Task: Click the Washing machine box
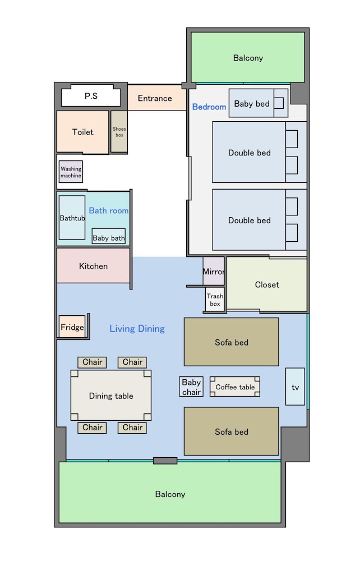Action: (71, 172)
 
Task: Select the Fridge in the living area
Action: (72, 327)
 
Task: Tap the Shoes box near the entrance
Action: (119, 131)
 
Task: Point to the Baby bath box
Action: (109, 237)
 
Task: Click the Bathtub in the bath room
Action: (72, 218)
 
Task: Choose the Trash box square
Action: (215, 300)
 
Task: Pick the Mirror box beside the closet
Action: (214, 271)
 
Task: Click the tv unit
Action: (295, 387)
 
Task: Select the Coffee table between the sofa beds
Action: (235, 387)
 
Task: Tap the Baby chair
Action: (191, 387)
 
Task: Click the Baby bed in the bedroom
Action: (258, 103)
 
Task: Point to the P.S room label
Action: (91, 96)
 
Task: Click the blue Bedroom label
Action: (209, 107)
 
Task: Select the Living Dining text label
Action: (137, 328)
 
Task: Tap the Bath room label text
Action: (109, 210)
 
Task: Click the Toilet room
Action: (82, 132)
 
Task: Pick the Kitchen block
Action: (93, 265)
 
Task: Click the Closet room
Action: (267, 284)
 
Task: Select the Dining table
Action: (111, 396)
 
